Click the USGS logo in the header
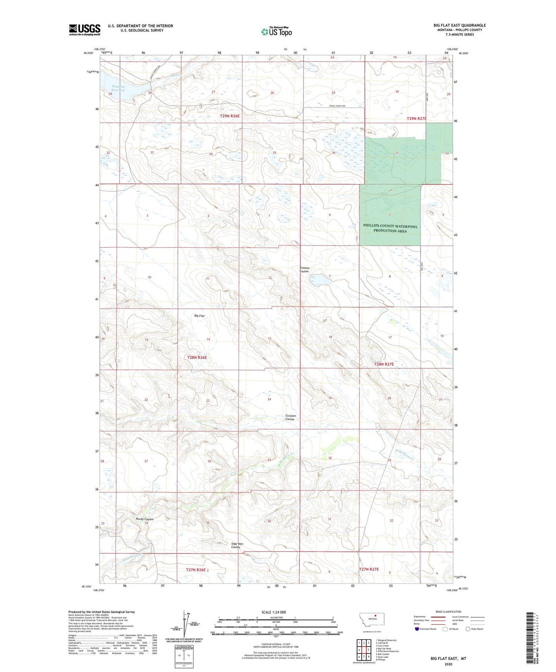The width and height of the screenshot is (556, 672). (85, 30)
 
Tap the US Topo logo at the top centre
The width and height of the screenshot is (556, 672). (276, 32)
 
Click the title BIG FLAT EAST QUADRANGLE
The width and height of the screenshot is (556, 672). (459, 25)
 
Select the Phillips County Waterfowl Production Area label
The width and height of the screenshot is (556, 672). (390, 228)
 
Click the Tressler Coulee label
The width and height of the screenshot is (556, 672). (305, 269)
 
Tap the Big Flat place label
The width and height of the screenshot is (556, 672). (199, 316)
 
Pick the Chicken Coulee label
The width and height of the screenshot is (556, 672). (291, 417)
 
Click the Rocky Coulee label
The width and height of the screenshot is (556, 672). (145, 519)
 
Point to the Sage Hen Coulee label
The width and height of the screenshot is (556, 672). (237, 545)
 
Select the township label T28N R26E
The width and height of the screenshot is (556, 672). (197, 358)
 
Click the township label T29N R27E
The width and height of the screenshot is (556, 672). (416, 119)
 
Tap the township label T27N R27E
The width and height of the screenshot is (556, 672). (369, 569)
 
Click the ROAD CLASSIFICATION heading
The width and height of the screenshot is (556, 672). (448, 612)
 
